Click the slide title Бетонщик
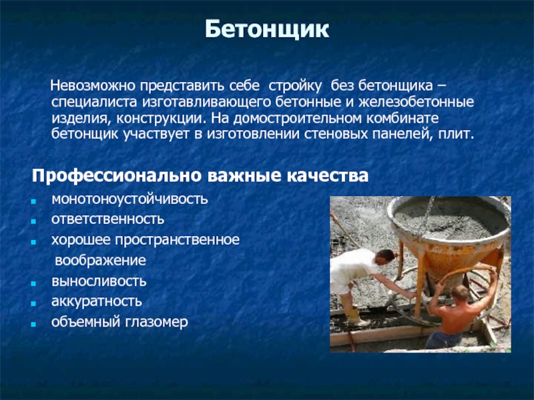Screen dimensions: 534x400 pos(267,30)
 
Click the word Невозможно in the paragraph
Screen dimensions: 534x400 pos(93,86)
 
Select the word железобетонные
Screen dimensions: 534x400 pos(416,102)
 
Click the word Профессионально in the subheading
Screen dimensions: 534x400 pos(116,176)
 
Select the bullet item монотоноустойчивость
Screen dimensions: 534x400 pos(129,199)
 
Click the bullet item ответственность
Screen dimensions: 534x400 pos(107,219)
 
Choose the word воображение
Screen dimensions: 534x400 pos(101,261)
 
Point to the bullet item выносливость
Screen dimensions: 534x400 pos(99,281)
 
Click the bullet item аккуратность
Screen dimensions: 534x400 pos(97,302)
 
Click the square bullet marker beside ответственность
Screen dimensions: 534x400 pos(33,221)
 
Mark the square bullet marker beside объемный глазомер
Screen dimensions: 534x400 pos(33,324)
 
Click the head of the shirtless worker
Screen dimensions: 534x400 pos(461,293)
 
